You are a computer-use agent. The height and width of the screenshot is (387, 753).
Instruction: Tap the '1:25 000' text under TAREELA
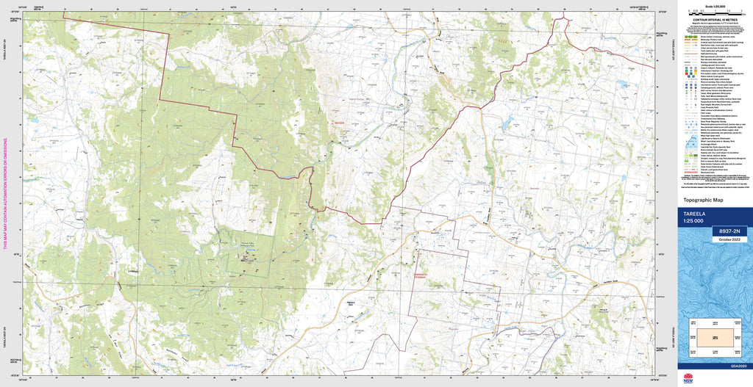[x=693, y=221]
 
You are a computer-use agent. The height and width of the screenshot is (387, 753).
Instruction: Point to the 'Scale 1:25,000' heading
[x=714, y=7]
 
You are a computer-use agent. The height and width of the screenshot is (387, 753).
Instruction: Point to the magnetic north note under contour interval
[x=714, y=26]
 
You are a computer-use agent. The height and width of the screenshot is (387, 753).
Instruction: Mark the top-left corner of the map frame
[x=23, y=12]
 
